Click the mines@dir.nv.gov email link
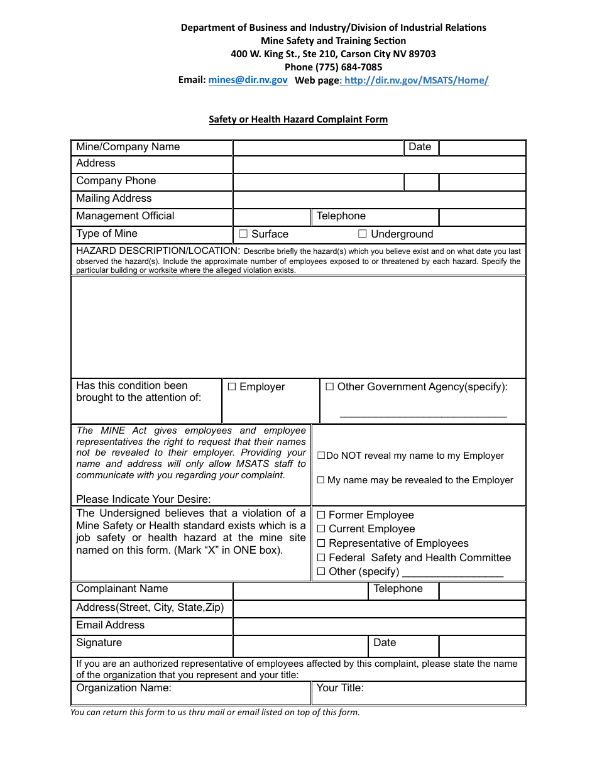point(248,80)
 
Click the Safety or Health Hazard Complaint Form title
point(298,119)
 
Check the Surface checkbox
point(243,234)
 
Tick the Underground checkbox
point(363,234)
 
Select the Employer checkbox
point(231,387)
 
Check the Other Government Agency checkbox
point(329,387)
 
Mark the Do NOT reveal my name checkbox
point(321,456)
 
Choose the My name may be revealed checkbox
point(320,480)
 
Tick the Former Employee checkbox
point(321,515)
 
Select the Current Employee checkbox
point(321,529)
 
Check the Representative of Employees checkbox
point(321,544)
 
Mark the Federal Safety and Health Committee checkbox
point(321,557)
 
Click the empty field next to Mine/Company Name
point(317,148)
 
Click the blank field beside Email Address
point(379,626)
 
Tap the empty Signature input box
point(300,646)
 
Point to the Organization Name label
point(124,688)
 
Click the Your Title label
point(340,688)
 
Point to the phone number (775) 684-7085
point(333,67)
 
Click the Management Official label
point(125,216)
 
